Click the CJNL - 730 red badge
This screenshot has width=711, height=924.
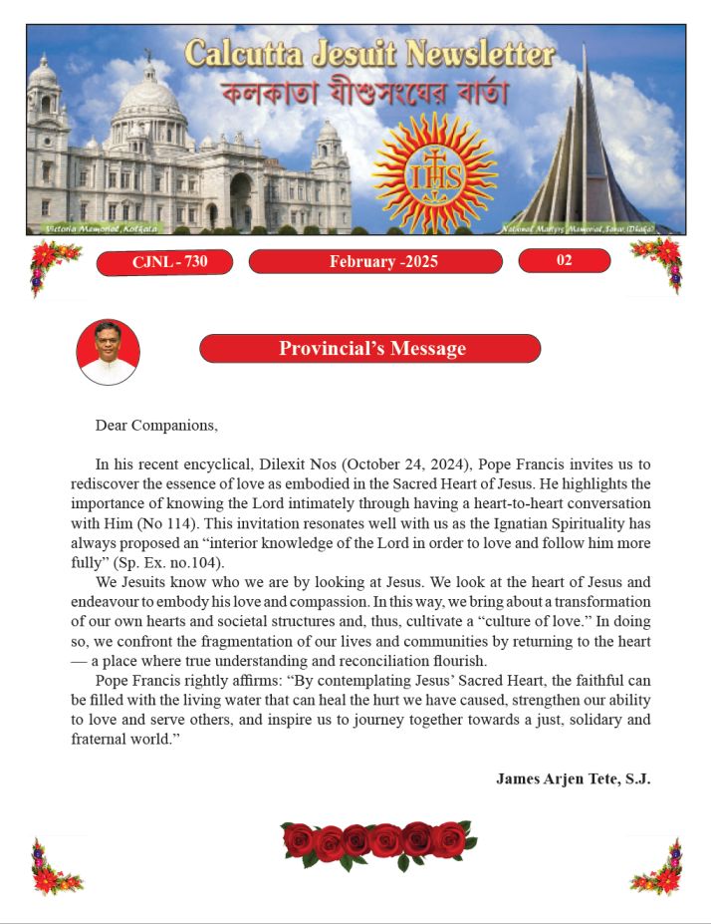pos(164,262)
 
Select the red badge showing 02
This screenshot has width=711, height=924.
pos(564,261)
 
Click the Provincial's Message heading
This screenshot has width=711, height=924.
pos(370,349)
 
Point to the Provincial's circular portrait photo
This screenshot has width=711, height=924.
pos(108,352)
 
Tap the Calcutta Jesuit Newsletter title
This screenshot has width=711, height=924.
pos(369,54)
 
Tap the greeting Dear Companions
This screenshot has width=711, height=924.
pos(156,426)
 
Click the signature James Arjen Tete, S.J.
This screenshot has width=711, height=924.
pos(573,778)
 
